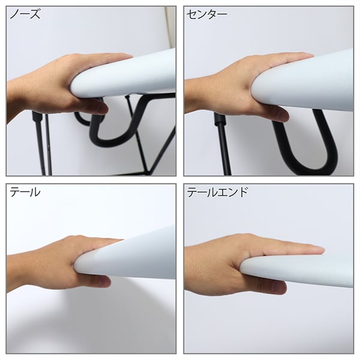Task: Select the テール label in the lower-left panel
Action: point(25,193)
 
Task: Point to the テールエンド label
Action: point(217,193)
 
